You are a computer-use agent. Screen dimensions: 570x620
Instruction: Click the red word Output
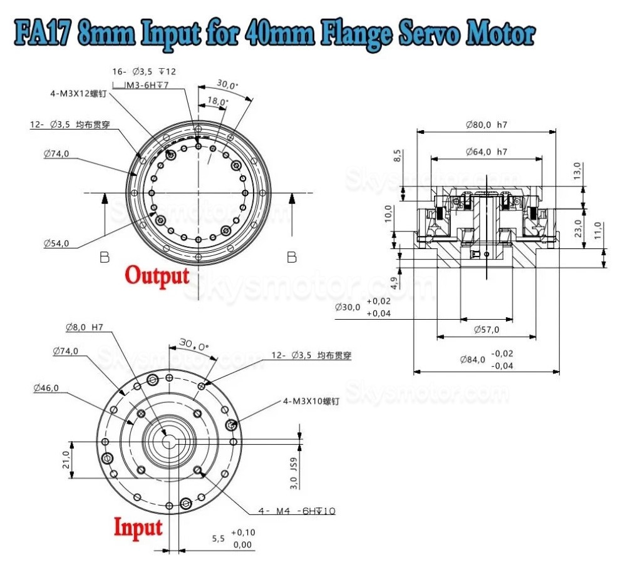point(157,275)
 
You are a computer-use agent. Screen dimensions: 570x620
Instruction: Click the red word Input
point(138,527)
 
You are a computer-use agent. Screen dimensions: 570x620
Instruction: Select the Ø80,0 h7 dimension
point(486,125)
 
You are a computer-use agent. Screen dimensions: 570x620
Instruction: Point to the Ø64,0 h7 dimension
point(486,152)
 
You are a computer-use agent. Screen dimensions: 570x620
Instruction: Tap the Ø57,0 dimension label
point(486,327)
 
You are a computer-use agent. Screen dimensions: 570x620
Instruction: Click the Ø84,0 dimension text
point(472,360)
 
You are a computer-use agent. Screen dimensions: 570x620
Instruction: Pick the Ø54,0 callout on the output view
point(56,243)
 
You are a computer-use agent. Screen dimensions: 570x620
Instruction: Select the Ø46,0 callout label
point(46,388)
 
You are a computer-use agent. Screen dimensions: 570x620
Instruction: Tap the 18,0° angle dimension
point(217,101)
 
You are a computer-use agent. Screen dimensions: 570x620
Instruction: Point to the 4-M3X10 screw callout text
point(311,401)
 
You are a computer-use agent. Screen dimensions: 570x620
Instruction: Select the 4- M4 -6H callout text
point(297,511)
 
